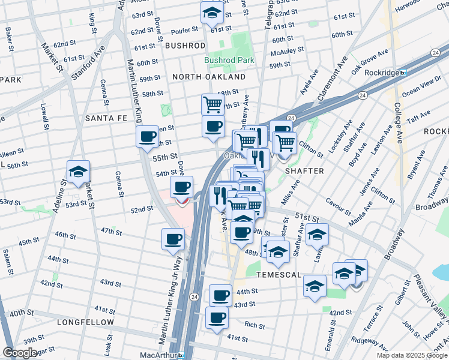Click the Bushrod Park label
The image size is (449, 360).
tap(229, 60)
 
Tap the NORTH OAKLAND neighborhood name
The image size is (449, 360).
tap(208, 77)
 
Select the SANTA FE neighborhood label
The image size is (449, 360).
tap(107, 118)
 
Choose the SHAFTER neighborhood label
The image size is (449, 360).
tap(304, 171)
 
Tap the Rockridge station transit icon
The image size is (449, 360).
tap(403, 73)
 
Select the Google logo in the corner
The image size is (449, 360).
tap(20, 353)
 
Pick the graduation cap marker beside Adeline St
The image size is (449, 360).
tap(78, 172)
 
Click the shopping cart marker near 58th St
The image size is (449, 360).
tap(212, 104)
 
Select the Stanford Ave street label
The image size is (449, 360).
tap(92, 59)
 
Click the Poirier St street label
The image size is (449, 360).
tap(185, 29)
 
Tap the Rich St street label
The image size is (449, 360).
tap(255, 325)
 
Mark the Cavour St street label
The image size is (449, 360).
tap(340, 208)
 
